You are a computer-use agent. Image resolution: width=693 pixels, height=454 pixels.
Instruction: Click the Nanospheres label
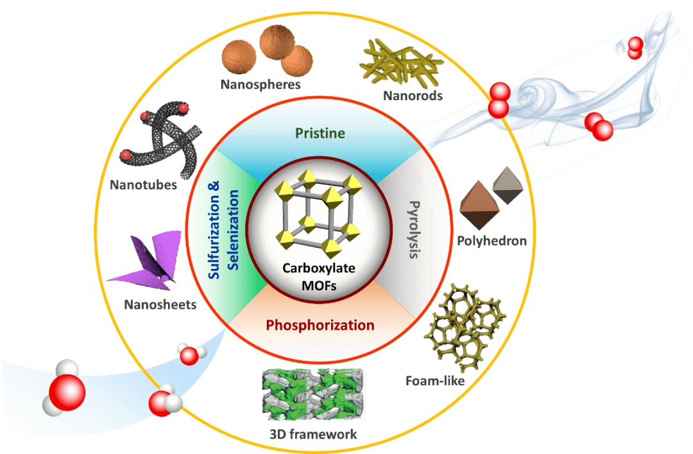(261, 83)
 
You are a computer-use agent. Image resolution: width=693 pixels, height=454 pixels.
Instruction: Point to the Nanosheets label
(160, 305)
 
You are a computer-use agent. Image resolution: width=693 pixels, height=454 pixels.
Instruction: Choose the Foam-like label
(434, 381)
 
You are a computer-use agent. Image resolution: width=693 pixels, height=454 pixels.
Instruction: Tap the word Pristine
(320, 134)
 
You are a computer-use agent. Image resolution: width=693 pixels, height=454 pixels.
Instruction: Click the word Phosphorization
(320, 325)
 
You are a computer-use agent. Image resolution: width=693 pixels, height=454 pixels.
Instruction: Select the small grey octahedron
(507, 185)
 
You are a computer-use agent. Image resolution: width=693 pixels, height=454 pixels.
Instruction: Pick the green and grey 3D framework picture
(314, 395)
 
